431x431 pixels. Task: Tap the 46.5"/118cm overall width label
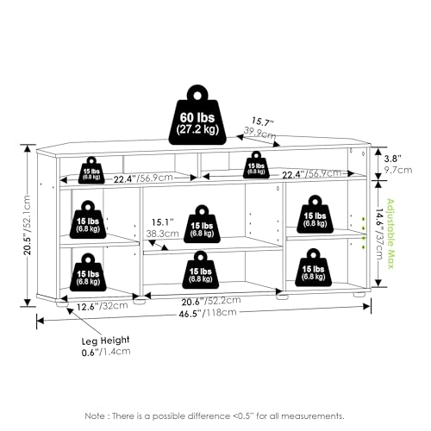click(x=208, y=313)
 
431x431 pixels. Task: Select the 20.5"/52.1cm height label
click(x=27, y=225)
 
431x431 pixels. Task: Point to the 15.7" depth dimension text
click(x=262, y=122)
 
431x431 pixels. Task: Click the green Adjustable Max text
click(x=390, y=234)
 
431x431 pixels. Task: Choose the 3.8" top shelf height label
click(x=392, y=159)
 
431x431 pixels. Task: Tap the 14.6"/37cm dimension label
click(x=379, y=234)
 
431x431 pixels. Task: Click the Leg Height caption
click(x=106, y=340)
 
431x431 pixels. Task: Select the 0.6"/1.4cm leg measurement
click(x=106, y=352)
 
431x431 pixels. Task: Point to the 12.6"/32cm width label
click(x=103, y=306)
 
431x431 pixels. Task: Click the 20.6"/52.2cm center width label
click(x=211, y=301)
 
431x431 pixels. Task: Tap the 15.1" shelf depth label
click(x=163, y=222)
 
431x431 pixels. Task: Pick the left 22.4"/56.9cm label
click(x=143, y=178)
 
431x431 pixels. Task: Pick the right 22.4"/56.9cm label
click(x=312, y=174)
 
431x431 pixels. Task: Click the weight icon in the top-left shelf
click(x=91, y=170)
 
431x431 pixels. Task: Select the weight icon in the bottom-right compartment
click(x=314, y=267)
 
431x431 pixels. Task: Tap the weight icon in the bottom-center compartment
click(x=200, y=270)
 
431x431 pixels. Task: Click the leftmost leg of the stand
click(x=62, y=303)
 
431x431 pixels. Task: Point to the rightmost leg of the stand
click(x=359, y=294)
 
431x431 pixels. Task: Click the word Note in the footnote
click(x=95, y=415)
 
